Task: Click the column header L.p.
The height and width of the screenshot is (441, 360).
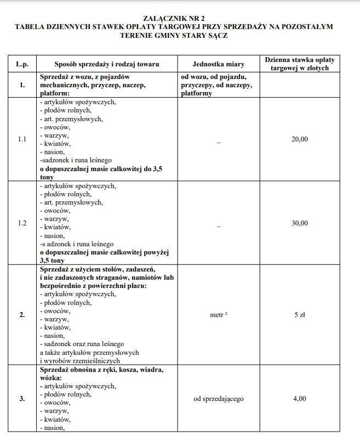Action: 22,64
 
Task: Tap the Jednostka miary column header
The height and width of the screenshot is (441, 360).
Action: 219,64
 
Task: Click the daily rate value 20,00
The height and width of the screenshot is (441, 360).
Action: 299,139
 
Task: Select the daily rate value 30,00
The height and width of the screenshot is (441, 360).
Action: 299,223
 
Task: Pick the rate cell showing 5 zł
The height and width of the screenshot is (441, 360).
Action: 299,315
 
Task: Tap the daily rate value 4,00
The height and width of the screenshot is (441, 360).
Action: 299,399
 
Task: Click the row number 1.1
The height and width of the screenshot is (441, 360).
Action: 22,139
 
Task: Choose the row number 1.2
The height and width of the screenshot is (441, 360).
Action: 22,223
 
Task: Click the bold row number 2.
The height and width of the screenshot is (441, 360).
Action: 22,315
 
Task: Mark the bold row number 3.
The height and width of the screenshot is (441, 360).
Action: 22,399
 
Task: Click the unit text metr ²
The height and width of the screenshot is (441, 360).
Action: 219,315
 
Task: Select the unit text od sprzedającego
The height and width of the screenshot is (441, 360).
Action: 219,399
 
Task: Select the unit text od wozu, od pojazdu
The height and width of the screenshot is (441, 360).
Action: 214,77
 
